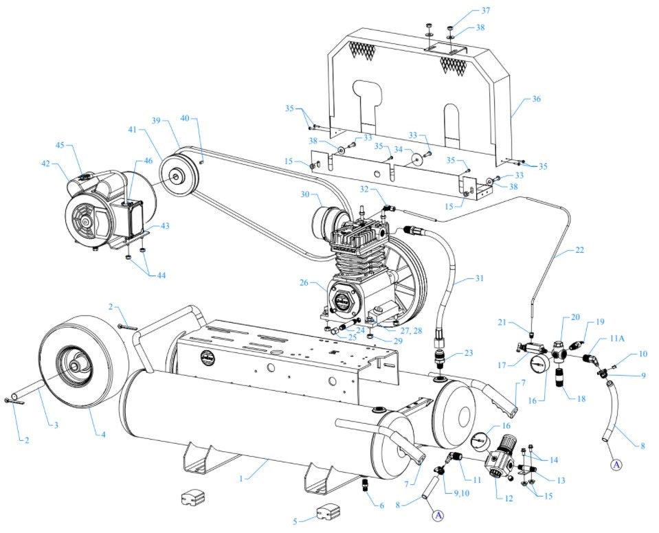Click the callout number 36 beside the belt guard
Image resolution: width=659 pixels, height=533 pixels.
[536, 99]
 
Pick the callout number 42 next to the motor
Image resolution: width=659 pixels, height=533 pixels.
[45, 164]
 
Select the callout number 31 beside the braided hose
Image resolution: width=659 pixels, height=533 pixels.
[479, 278]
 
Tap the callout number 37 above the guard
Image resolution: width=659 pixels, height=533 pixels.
[485, 10]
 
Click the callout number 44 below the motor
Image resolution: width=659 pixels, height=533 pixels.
[160, 275]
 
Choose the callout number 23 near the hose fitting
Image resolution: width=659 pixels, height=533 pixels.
[469, 352]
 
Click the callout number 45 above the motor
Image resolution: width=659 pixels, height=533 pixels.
[60, 145]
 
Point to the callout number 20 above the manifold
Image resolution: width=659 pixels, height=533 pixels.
[576, 317]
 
